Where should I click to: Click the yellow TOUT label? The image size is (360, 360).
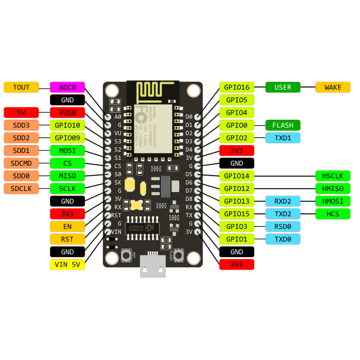(21, 87)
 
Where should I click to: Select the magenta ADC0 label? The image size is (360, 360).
(68, 87)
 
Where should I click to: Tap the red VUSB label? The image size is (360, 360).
(68, 112)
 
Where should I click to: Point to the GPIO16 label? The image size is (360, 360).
(237, 87)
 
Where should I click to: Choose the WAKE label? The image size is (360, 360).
(333, 87)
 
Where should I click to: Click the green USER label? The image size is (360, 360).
(283, 87)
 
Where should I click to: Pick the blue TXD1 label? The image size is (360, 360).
(283, 138)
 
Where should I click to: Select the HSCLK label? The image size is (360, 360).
(333, 176)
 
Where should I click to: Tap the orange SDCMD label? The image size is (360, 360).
(21, 163)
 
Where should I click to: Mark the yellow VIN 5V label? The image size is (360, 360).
(68, 264)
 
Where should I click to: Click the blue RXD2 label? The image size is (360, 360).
(283, 201)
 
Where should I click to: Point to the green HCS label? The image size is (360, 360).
(333, 214)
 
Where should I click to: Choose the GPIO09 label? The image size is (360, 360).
(68, 138)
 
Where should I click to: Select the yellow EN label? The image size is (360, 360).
(68, 226)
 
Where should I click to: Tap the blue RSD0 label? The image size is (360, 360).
(283, 226)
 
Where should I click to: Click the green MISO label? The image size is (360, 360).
(68, 176)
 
